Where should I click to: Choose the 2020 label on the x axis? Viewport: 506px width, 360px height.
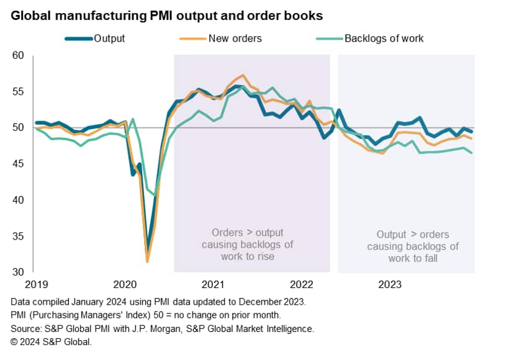pyautogui.click(x=125, y=284)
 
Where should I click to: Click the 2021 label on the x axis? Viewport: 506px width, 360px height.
pyautogui.click(x=214, y=284)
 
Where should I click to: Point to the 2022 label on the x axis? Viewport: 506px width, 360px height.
pyautogui.click(x=302, y=284)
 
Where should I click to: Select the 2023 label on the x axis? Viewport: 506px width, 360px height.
pyautogui.click(x=391, y=284)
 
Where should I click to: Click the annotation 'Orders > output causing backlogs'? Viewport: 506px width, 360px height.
pyautogui.click(x=247, y=245)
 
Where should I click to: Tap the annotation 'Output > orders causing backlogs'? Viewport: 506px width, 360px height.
pyautogui.click(x=413, y=246)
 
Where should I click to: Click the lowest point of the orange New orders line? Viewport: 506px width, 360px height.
pyautogui.click(x=147, y=261)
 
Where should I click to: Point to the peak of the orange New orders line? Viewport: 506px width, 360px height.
pyautogui.click(x=243, y=75)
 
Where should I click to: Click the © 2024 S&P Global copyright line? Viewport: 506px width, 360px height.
pyautogui.click(x=52, y=341)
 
